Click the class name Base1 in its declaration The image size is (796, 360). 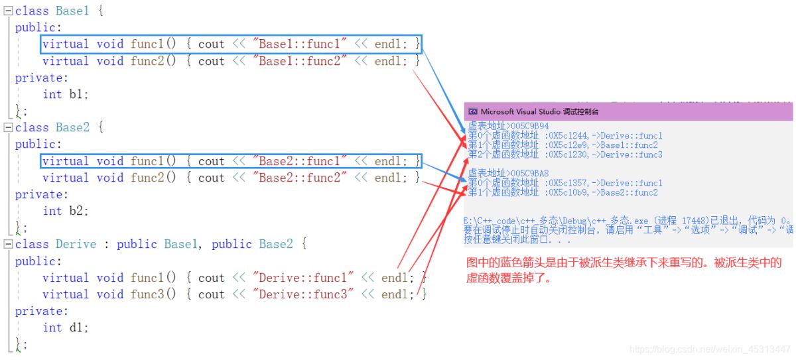tap(72, 11)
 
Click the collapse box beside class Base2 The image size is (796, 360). tap(9, 127)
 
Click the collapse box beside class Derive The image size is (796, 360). tap(9, 244)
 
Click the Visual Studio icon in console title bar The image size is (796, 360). tap(472, 112)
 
